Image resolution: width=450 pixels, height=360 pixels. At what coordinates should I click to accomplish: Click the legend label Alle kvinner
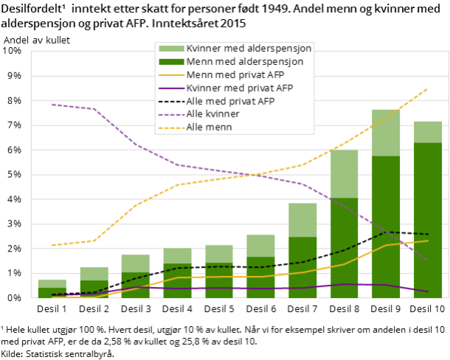pos(212,114)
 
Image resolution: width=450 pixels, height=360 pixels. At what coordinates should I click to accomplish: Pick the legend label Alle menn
pos(209,128)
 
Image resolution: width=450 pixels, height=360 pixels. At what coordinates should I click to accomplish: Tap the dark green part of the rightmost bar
pos(428,221)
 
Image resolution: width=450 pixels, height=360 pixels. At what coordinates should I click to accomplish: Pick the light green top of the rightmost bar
pos(428,132)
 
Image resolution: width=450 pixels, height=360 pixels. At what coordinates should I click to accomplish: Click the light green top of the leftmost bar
pos(52,283)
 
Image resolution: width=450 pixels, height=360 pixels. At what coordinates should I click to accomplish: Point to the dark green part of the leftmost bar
pos(52,293)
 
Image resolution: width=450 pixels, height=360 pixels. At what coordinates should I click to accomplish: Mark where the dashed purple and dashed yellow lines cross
pos(259,175)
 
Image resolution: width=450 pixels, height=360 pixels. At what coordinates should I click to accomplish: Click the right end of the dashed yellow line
pos(428,89)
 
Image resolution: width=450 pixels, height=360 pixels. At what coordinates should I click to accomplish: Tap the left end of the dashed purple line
pos(52,104)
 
